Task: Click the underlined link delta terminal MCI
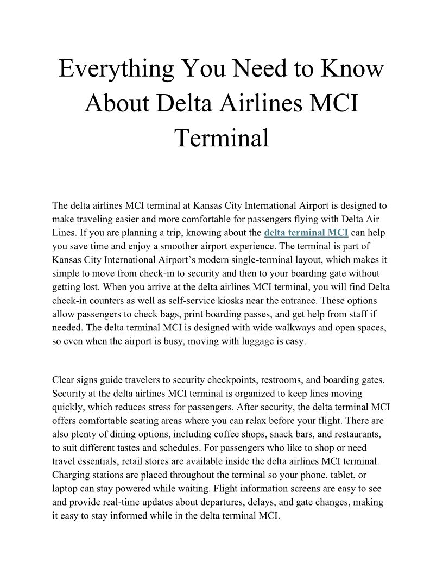coord(306,233)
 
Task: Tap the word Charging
coord(70,475)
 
